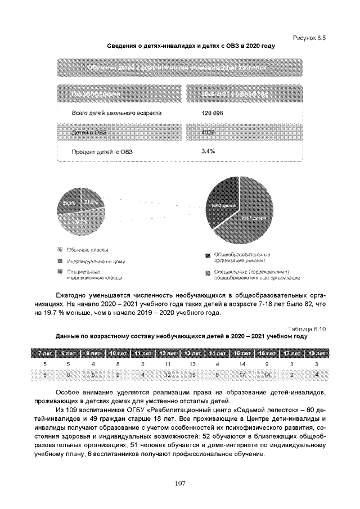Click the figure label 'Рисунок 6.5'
tap(310, 37)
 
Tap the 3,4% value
tap(208, 151)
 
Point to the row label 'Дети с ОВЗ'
tap(89, 132)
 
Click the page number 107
tap(179, 483)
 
